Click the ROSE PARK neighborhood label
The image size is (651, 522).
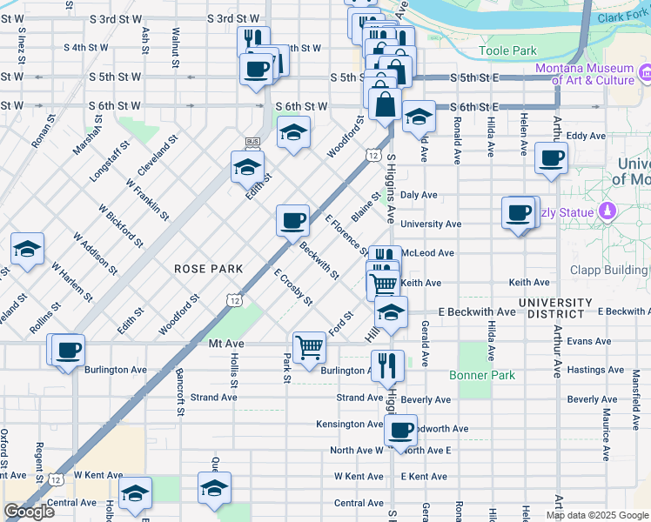(x=208, y=269)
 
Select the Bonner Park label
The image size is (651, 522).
(x=482, y=376)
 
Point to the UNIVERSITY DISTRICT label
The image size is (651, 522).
(x=555, y=308)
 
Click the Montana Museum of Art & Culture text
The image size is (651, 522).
(x=584, y=74)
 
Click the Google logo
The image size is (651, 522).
(x=29, y=511)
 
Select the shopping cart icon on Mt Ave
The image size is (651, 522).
(x=309, y=348)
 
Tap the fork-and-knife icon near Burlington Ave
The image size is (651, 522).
(x=387, y=365)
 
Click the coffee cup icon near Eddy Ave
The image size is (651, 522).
(x=550, y=158)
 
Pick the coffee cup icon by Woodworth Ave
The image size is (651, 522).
(x=399, y=430)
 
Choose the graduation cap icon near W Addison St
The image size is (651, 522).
(x=27, y=249)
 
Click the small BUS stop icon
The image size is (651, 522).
(x=253, y=141)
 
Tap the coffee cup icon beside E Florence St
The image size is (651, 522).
(x=292, y=219)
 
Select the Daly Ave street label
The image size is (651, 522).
(x=419, y=196)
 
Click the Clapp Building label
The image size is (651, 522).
(x=608, y=270)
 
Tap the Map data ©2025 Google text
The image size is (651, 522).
(x=597, y=515)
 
